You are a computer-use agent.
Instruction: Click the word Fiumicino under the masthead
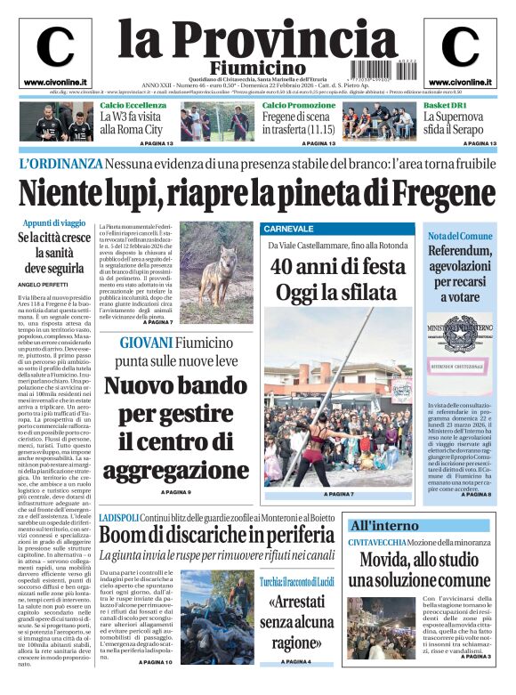[257, 69]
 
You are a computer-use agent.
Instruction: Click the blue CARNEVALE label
[289, 229]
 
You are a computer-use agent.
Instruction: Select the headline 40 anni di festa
[338, 266]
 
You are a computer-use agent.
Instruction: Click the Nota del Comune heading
[460, 236]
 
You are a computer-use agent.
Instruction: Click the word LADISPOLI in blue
[117, 517]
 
